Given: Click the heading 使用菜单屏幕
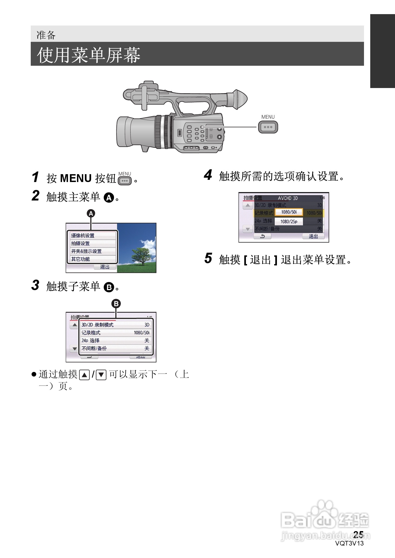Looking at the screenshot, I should point(88,55).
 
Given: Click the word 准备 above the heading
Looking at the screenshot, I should point(46,35).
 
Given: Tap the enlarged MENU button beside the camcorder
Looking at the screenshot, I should point(268,127).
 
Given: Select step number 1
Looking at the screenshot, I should point(35,177).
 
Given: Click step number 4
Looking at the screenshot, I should point(208,175).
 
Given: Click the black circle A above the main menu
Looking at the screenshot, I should point(91,214).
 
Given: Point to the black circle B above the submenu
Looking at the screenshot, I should point(116,303).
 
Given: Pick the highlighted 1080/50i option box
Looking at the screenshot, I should point(289,212).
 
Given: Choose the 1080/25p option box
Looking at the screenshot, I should point(289,221).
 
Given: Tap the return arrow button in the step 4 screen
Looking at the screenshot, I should point(262,236).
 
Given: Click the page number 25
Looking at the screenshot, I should point(358,534).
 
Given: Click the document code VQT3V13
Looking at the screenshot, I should point(349,543).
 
